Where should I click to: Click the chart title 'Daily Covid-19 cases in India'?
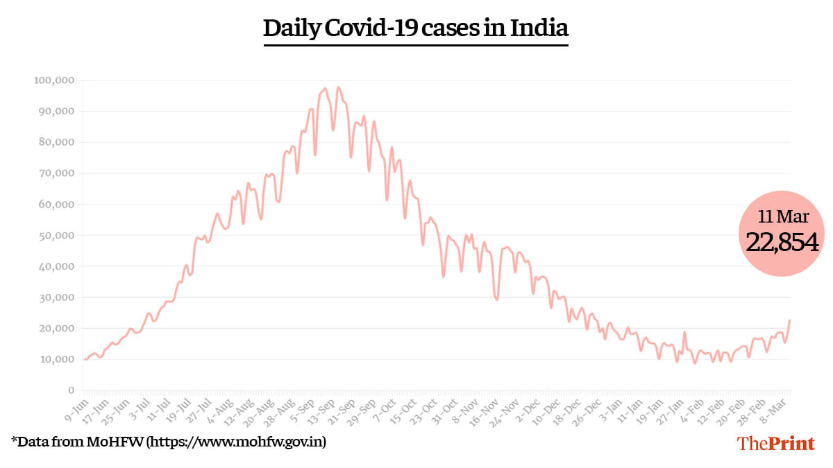click(416, 28)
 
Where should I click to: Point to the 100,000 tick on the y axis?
click(53, 80)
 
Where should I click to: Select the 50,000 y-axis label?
click(56, 236)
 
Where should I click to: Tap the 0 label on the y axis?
click(70, 390)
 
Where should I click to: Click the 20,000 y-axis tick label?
click(56, 329)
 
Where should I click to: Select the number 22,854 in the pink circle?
click(782, 241)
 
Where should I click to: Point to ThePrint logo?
click(775, 443)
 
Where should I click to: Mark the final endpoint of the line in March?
click(790, 320)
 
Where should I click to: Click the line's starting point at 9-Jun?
click(85, 359)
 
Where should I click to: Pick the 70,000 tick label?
click(56, 173)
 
